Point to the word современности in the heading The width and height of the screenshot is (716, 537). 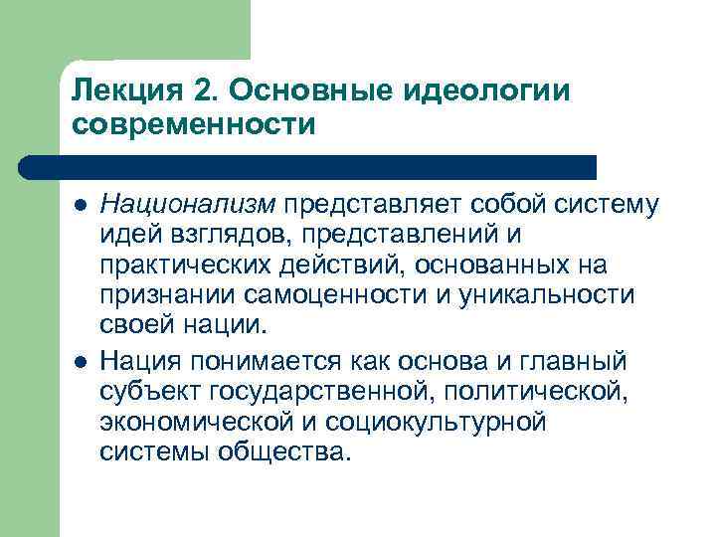click(193, 125)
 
